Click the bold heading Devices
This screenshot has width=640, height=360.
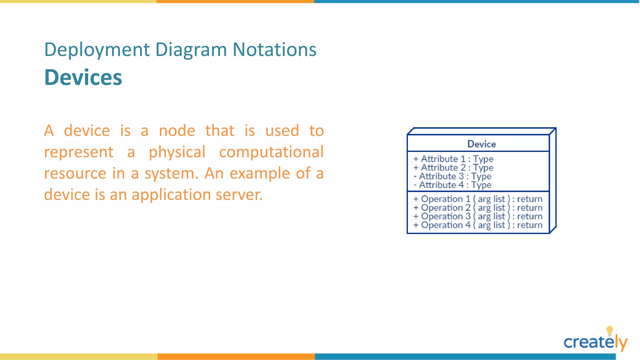[83, 77]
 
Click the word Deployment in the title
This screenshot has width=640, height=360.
[97, 50]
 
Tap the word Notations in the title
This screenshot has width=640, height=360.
[274, 50]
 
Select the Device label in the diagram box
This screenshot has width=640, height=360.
[481, 144]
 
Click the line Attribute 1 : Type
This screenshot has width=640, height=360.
[453, 159]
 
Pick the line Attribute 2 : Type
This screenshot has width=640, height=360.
[453, 168]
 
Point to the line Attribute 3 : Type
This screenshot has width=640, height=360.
[452, 177]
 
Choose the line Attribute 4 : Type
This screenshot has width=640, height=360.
[452, 185]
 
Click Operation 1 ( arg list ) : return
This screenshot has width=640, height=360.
[478, 199]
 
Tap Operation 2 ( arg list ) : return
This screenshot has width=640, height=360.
[478, 208]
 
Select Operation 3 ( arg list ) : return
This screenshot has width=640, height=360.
[478, 217]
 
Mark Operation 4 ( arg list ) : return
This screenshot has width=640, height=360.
[478, 225]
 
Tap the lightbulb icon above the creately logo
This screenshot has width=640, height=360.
[609, 331]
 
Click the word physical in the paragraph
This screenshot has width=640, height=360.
[177, 152]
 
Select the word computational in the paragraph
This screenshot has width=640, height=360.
[271, 152]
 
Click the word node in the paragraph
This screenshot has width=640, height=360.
[177, 131]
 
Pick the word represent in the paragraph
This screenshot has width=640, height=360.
[78, 152]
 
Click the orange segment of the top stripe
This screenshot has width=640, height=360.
[235, 2]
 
